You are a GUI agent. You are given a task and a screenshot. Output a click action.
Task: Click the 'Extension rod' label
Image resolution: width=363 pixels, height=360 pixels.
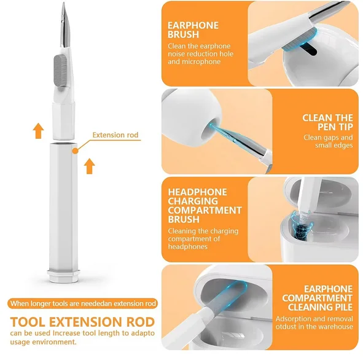pyautogui.click(x=115, y=135)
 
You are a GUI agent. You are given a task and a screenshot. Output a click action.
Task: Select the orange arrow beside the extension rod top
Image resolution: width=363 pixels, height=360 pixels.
pyautogui.click(x=88, y=165)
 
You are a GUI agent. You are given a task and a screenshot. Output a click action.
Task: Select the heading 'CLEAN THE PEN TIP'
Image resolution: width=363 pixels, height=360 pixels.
pyautogui.click(x=327, y=122)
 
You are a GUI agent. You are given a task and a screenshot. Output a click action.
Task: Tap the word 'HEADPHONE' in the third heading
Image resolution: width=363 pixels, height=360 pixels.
pyautogui.click(x=197, y=192)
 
